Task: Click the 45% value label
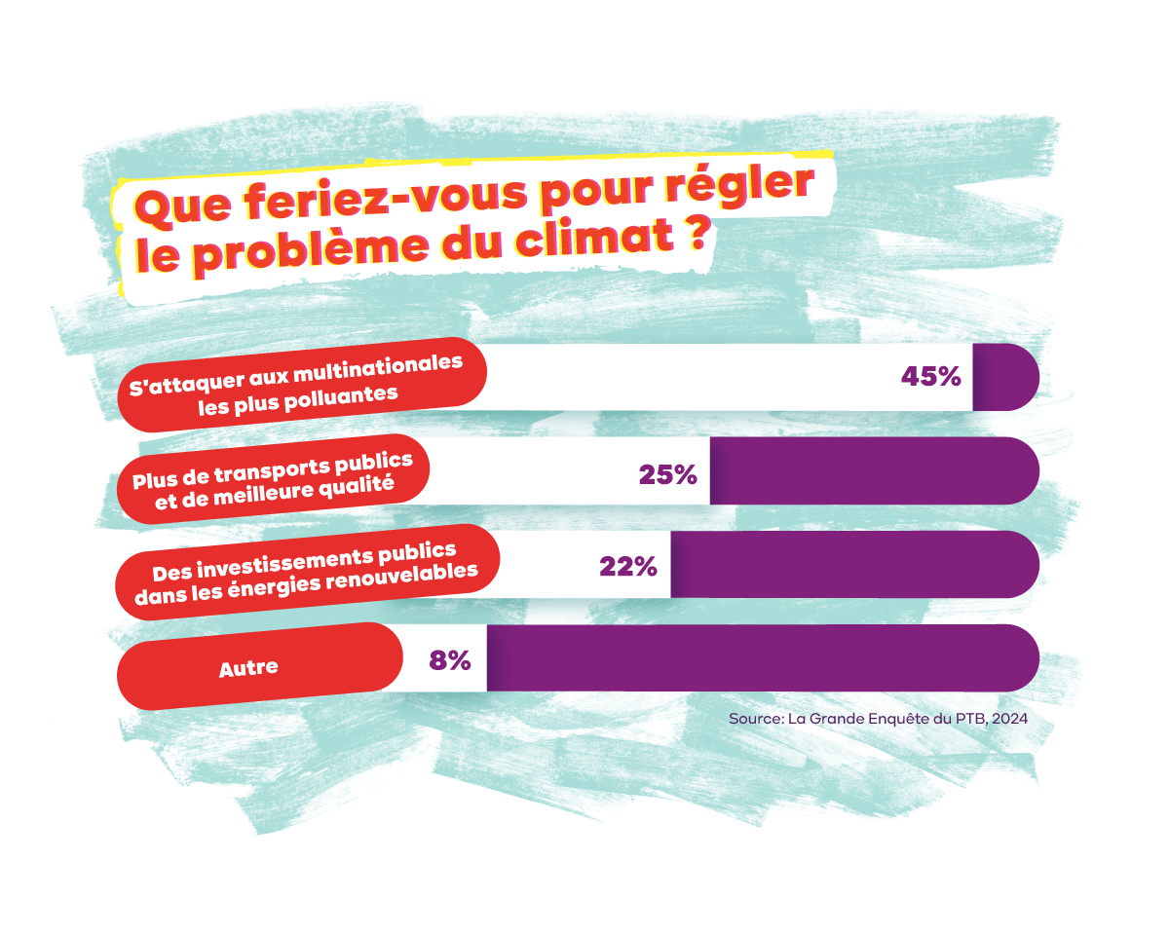[x=931, y=377]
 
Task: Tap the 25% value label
[x=668, y=474]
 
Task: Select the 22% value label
[x=628, y=566]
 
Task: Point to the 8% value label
[x=450, y=659]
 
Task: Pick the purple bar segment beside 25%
[x=873, y=470]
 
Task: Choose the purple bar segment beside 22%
[x=853, y=564]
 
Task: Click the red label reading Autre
[x=248, y=668]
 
